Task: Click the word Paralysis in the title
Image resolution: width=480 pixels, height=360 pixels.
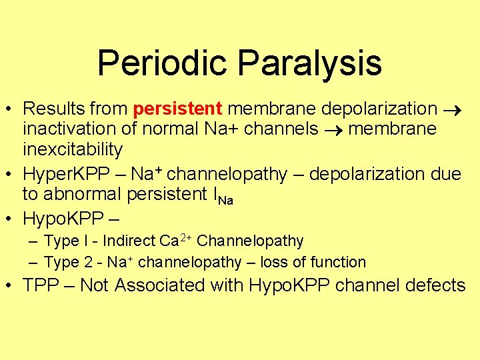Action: tap(309, 63)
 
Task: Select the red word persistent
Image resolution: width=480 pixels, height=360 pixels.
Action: tap(177, 108)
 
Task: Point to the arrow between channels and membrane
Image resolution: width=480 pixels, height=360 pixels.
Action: tap(333, 129)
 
